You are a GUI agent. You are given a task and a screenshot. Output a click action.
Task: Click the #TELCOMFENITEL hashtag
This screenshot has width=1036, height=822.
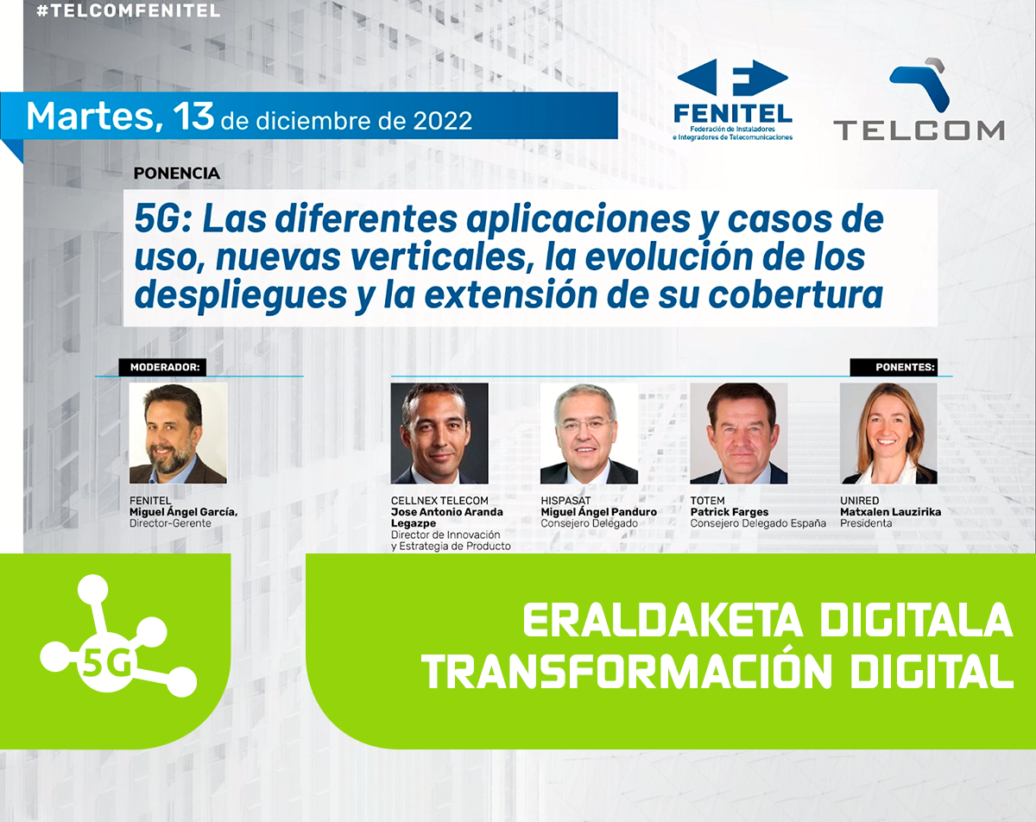click(128, 10)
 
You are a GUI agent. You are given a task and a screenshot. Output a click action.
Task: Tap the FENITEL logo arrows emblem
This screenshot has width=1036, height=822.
click(732, 77)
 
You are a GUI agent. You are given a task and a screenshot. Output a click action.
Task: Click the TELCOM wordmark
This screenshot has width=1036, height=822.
click(919, 130)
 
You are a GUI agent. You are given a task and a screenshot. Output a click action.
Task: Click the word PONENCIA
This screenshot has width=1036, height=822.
click(177, 174)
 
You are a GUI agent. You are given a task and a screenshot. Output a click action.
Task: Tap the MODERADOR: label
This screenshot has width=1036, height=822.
click(165, 368)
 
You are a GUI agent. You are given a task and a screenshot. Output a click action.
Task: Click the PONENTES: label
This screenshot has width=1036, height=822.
click(905, 368)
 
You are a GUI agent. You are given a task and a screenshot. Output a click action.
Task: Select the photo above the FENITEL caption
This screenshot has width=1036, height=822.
click(178, 433)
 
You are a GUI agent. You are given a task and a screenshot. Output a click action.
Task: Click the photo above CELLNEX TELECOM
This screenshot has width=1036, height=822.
click(439, 433)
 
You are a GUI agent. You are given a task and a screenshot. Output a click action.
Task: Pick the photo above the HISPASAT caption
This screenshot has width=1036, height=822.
click(590, 433)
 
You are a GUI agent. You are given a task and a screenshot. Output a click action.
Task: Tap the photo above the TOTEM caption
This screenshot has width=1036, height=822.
click(739, 433)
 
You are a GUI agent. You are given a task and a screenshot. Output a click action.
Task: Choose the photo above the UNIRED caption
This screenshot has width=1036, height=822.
click(888, 433)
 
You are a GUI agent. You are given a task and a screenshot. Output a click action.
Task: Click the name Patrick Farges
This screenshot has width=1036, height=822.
click(730, 512)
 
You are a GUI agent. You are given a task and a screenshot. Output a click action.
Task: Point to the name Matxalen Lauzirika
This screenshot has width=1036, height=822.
click(891, 512)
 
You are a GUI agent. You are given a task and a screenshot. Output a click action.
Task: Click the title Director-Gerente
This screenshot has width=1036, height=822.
click(170, 523)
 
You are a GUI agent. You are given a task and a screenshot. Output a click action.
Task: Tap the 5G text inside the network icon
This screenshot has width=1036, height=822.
click(107, 663)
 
